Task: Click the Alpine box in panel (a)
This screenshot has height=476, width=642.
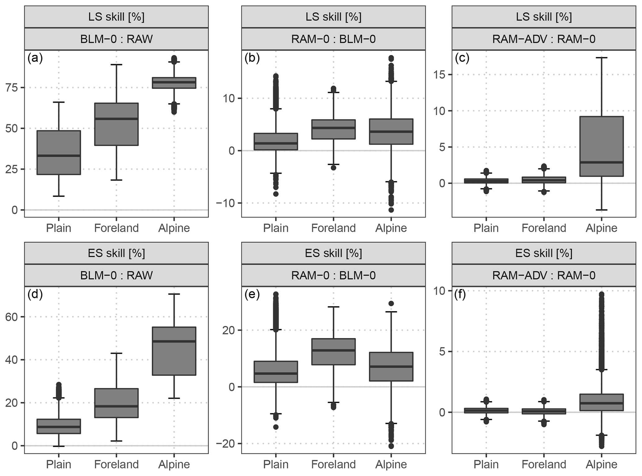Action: pyautogui.click(x=174, y=83)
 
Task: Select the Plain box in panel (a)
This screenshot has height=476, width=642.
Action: pyautogui.click(x=59, y=152)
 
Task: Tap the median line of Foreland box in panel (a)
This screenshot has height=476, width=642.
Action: pyautogui.click(x=116, y=119)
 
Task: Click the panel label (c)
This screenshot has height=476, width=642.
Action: pyautogui.click(x=462, y=58)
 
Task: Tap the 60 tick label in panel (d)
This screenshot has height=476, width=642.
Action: pyautogui.click(x=11, y=317)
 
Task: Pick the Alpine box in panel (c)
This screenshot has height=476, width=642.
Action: pyautogui.click(x=601, y=146)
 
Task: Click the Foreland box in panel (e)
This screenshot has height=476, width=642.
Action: pyautogui.click(x=333, y=351)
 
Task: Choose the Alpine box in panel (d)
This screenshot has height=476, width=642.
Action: pyautogui.click(x=174, y=351)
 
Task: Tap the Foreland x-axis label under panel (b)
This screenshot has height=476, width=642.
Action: pyautogui.click(x=333, y=228)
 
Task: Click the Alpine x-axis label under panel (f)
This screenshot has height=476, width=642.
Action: pyautogui.click(x=601, y=464)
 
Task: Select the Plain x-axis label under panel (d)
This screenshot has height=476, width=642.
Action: pyautogui.click(x=59, y=464)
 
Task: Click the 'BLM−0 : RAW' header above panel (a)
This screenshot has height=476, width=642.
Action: pyautogui.click(x=116, y=39)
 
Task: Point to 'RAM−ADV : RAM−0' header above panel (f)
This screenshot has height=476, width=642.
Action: pyautogui.click(x=544, y=275)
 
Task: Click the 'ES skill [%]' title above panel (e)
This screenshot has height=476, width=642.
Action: pyautogui.click(x=333, y=253)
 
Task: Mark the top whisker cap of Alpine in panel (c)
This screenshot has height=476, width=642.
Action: pyautogui.click(x=601, y=58)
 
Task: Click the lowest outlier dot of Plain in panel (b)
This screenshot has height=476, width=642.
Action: pyautogui.click(x=276, y=194)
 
